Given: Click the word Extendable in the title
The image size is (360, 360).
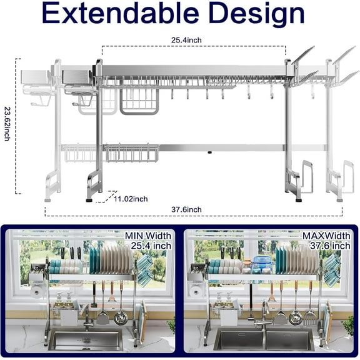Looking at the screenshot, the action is pyautogui.click(x=120, y=13).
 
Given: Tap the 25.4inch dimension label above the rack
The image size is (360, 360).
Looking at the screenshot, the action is pyautogui.click(x=186, y=40).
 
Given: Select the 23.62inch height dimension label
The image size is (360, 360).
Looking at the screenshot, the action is pyautogui.click(x=7, y=124).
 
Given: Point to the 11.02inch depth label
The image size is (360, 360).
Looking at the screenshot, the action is pyautogui.click(x=131, y=199).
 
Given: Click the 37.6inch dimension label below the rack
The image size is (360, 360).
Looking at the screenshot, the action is pyautogui.click(x=186, y=209).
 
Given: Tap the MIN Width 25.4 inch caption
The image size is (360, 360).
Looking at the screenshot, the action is pyautogui.click(x=148, y=241).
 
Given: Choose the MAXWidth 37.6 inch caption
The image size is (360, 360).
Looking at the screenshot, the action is pyautogui.click(x=326, y=241).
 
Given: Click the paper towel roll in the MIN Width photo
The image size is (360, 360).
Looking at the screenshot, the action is pyautogui.click(x=36, y=292).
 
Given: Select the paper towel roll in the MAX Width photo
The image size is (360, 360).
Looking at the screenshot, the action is pyautogui.click(x=196, y=292).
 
